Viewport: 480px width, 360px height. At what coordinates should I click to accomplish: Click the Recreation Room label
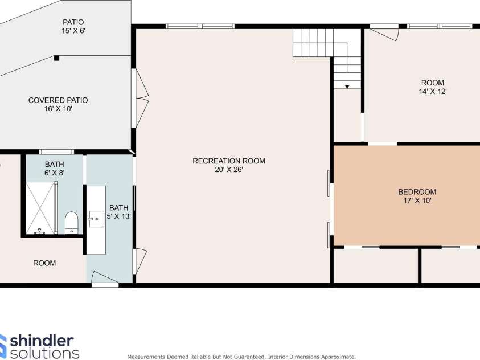coord(229,161)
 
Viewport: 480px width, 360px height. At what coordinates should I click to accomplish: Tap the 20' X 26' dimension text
coord(229,170)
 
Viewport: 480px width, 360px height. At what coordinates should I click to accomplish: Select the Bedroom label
coord(417,192)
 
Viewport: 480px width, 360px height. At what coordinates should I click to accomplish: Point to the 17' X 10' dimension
coord(417,201)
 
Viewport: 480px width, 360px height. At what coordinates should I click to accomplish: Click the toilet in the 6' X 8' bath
coord(71,222)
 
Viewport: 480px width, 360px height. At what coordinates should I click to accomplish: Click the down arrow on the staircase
coord(347,87)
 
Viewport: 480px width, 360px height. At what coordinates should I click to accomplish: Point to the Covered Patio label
coord(58,100)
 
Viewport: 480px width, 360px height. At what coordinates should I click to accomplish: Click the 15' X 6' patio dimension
coord(73,31)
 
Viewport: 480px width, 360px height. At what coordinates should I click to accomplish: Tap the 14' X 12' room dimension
coord(432,91)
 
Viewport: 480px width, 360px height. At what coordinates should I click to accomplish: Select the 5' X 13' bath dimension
coord(119,216)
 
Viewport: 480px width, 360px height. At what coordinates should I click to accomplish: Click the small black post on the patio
coord(56,58)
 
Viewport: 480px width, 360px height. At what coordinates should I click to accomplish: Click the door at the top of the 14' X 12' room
coord(386,31)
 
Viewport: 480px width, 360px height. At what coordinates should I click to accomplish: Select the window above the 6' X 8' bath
coord(56,152)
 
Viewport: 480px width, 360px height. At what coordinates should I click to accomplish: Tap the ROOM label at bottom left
coord(44,263)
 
